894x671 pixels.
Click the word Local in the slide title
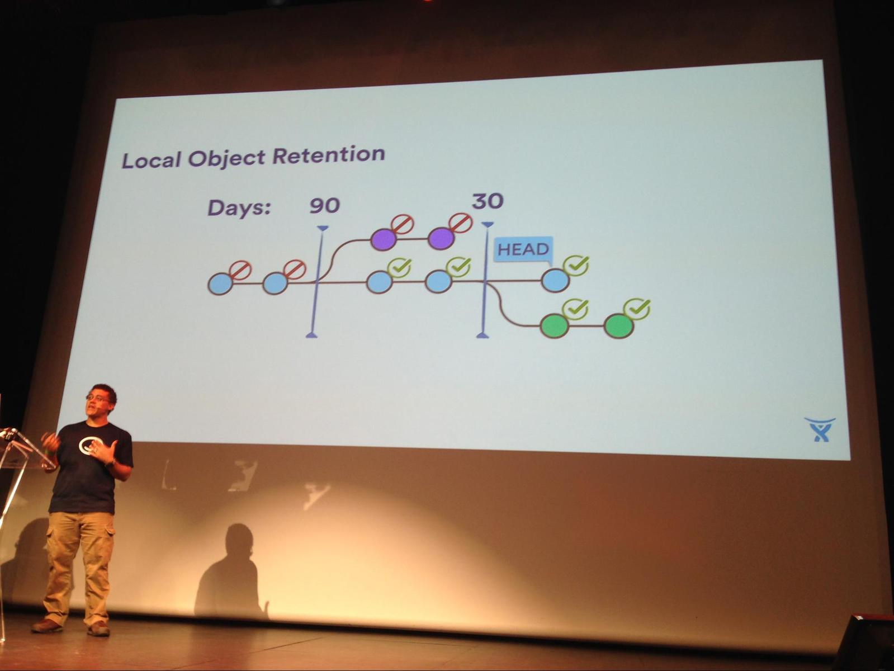152,160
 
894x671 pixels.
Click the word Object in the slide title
226,158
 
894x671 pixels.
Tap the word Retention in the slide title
329,155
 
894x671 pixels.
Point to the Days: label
239,207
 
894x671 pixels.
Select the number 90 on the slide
325,205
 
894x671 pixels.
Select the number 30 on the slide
488,201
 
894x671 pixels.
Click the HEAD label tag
523,249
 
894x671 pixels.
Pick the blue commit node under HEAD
555,281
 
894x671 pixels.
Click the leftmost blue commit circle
220,283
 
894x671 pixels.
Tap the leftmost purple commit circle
383,239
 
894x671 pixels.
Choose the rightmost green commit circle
619,326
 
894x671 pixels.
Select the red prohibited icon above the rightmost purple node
461,223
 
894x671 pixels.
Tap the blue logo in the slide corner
820,429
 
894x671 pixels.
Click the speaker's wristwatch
110,463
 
